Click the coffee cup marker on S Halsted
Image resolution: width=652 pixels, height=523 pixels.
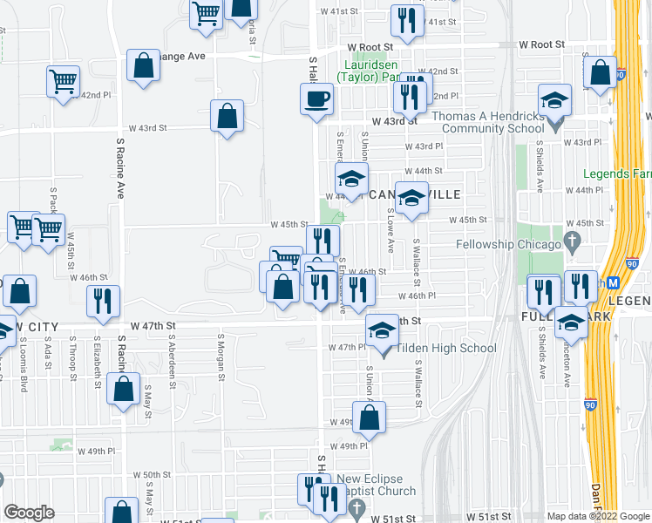317,98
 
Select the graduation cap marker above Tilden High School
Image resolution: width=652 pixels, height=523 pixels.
381,331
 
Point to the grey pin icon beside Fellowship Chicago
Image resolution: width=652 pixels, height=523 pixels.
573,240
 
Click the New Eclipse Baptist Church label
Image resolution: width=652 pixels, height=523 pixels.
377,485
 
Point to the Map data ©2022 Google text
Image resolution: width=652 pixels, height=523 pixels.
598,516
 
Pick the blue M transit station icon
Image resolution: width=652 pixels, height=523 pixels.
612,282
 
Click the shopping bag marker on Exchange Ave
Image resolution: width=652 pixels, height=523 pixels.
143,66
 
